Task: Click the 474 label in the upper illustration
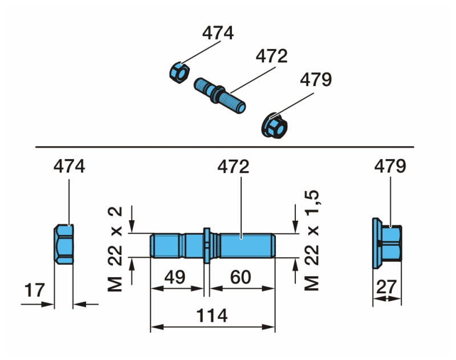tap(218, 34)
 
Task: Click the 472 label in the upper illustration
tap(271, 56)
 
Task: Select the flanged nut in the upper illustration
tap(274, 124)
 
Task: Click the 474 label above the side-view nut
tap(69, 167)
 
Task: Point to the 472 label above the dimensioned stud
tap(234, 167)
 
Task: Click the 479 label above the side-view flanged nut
tap(390, 167)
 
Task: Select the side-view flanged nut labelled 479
tap(388, 244)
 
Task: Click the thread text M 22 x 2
tap(117, 249)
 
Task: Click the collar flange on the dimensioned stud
tap(206, 245)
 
